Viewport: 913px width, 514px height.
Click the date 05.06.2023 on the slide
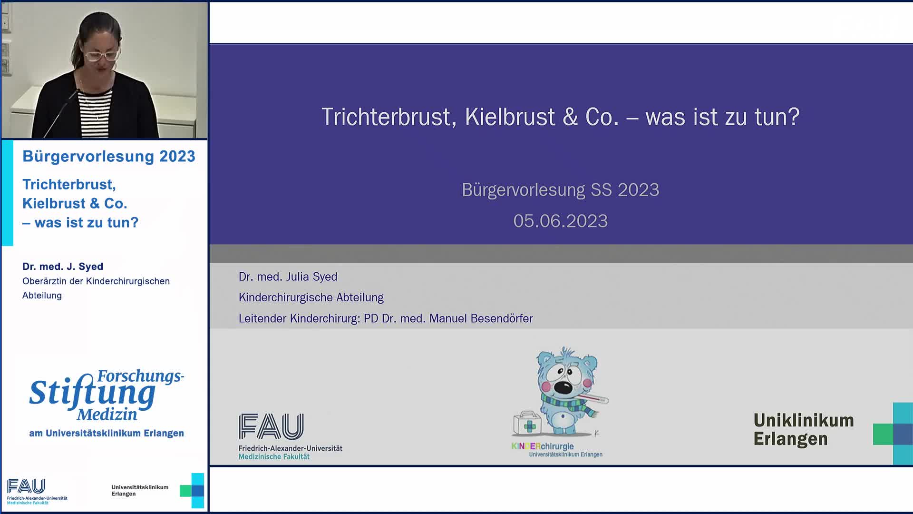(560, 221)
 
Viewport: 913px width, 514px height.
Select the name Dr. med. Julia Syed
(288, 277)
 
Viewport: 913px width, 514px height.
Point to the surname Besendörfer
(501, 318)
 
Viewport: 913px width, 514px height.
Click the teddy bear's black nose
(564, 387)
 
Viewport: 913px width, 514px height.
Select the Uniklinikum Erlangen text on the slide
(804, 430)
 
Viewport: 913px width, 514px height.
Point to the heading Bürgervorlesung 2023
(109, 157)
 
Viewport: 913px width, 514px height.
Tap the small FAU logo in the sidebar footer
(27, 487)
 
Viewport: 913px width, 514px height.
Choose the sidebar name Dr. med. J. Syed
(63, 267)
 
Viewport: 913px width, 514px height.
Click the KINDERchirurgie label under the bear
(543, 446)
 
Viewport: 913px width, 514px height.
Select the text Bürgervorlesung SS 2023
(560, 190)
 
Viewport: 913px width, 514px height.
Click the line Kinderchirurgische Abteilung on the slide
(311, 297)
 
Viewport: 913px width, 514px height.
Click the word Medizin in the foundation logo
(107, 415)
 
